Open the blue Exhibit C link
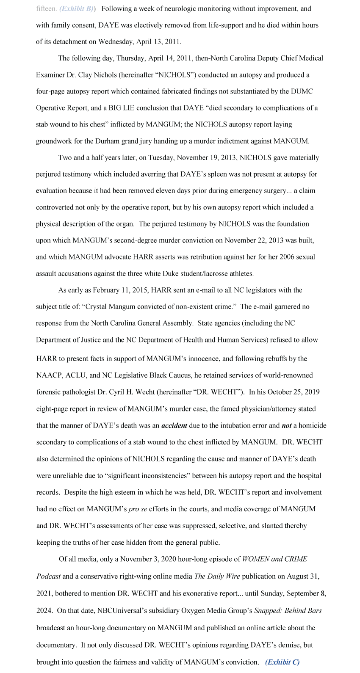(x=282, y=662)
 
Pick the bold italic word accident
(x=174, y=425)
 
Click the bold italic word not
(x=286, y=425)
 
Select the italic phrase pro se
(x=138, y=509)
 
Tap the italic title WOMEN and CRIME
(x=274, y=559)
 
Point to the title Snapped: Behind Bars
(x=288, y=611)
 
